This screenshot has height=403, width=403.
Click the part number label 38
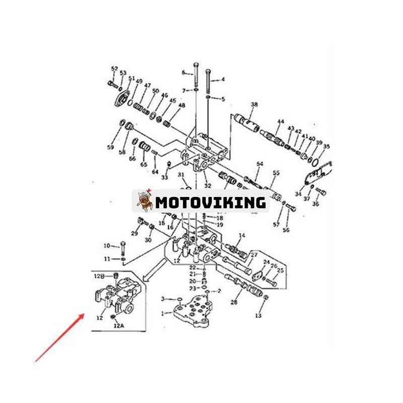254,105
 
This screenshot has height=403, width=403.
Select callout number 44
281,121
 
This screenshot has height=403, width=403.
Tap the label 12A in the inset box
118,326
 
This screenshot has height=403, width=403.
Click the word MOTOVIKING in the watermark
210,203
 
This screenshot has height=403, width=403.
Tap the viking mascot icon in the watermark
145,201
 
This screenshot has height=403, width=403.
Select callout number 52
114,69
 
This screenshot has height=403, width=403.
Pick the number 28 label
234,302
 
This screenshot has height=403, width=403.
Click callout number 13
258,316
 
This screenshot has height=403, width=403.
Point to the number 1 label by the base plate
162,313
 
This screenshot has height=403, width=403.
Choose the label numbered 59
110,148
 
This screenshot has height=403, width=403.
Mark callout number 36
316,204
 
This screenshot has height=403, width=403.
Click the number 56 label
286,230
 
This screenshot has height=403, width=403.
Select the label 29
135,233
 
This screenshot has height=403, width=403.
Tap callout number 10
107,246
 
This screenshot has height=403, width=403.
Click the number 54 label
260,164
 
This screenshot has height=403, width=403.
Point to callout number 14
242,236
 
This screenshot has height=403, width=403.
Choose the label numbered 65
144,164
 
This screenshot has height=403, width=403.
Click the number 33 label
164,177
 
